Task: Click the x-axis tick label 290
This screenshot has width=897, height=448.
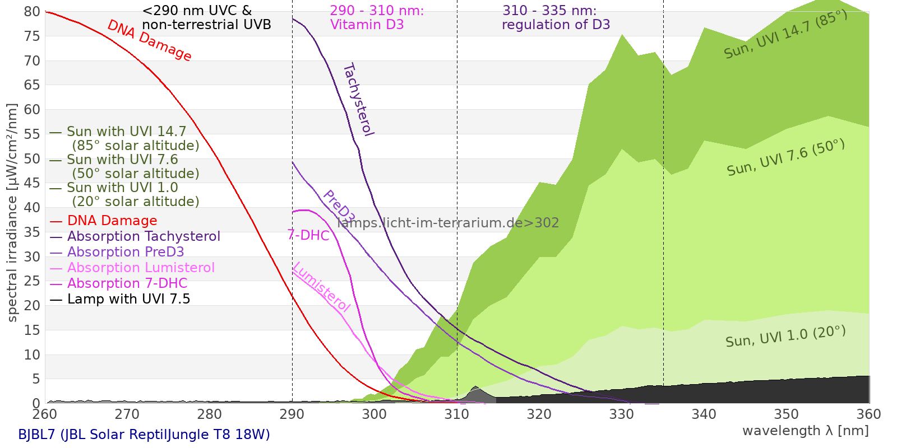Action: coord(292,414)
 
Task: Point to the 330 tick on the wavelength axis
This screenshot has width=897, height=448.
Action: coord(621,414)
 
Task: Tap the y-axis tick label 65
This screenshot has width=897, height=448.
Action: coord(33,85)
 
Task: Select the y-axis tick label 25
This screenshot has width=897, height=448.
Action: coord(33,281)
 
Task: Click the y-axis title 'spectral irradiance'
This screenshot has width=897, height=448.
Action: coord(12,213)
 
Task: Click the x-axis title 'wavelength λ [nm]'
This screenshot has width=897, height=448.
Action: coord(805,431)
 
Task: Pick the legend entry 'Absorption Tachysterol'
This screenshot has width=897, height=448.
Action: coord(144,236)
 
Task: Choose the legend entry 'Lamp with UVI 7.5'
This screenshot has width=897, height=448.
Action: coord(128,299)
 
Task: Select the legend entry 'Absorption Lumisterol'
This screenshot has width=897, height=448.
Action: coord(141,268)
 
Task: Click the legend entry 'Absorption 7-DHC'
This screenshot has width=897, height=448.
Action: coord(127,283)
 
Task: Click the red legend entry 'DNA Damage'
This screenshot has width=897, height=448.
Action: coord(112,221)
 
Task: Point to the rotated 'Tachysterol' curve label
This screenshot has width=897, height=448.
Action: coord(358,100)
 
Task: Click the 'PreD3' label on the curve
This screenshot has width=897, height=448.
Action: coord(339,207)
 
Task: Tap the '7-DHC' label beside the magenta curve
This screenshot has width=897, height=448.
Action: coord(308,235)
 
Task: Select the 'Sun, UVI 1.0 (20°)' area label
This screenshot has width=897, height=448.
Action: coord(785,337)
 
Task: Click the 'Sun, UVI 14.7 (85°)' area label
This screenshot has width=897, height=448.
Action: coord(785,35)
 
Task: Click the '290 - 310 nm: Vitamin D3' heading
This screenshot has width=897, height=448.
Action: coord(376,18)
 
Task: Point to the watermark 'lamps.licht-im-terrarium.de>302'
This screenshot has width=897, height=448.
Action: coord(448,223)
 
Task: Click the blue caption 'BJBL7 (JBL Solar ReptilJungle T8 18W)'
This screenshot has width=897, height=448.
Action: coord(144,435)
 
